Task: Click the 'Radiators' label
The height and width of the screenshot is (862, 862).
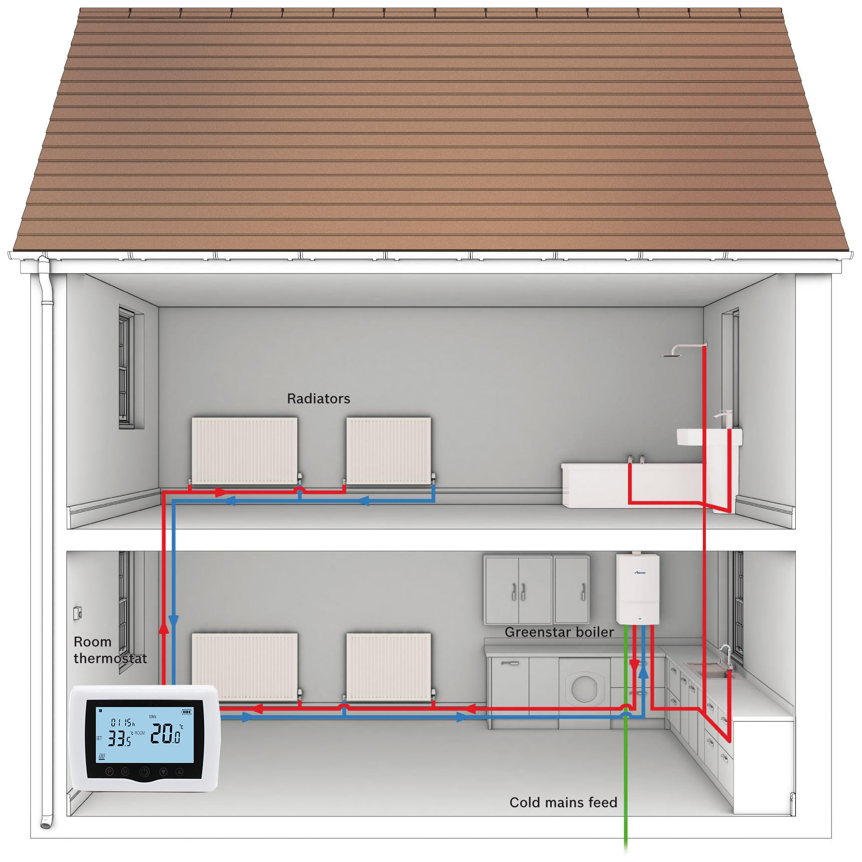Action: pos(318,399)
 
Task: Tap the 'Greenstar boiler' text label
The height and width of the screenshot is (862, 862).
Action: pos(559,632)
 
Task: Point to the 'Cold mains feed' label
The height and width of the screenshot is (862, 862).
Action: pos(563,802)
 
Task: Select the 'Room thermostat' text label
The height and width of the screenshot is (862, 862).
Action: pos(110,650)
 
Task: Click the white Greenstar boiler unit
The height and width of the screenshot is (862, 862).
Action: pos(638,589)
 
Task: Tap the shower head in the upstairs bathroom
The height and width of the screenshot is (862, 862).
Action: pos(674,354)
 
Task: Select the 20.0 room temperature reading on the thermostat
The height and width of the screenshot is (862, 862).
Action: pos(165,734)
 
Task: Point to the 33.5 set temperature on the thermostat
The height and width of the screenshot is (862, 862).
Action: pos(120,738)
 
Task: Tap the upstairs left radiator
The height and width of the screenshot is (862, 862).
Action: pos(244,450)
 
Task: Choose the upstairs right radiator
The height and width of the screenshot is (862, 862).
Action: pos(389,450)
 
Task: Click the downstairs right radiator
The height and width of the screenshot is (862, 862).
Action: pos(389,666)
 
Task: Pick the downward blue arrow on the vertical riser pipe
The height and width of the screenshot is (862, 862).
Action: pos(174,621)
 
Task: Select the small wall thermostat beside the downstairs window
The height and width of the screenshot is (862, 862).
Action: pos(78,613)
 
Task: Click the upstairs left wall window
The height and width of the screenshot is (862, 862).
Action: pos(127,368)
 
